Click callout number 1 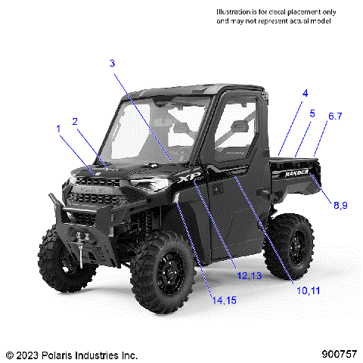tap(58, 129)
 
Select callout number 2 tap(75, 121)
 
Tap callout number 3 tap(112, 64)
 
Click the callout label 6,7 tap(335, 116)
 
